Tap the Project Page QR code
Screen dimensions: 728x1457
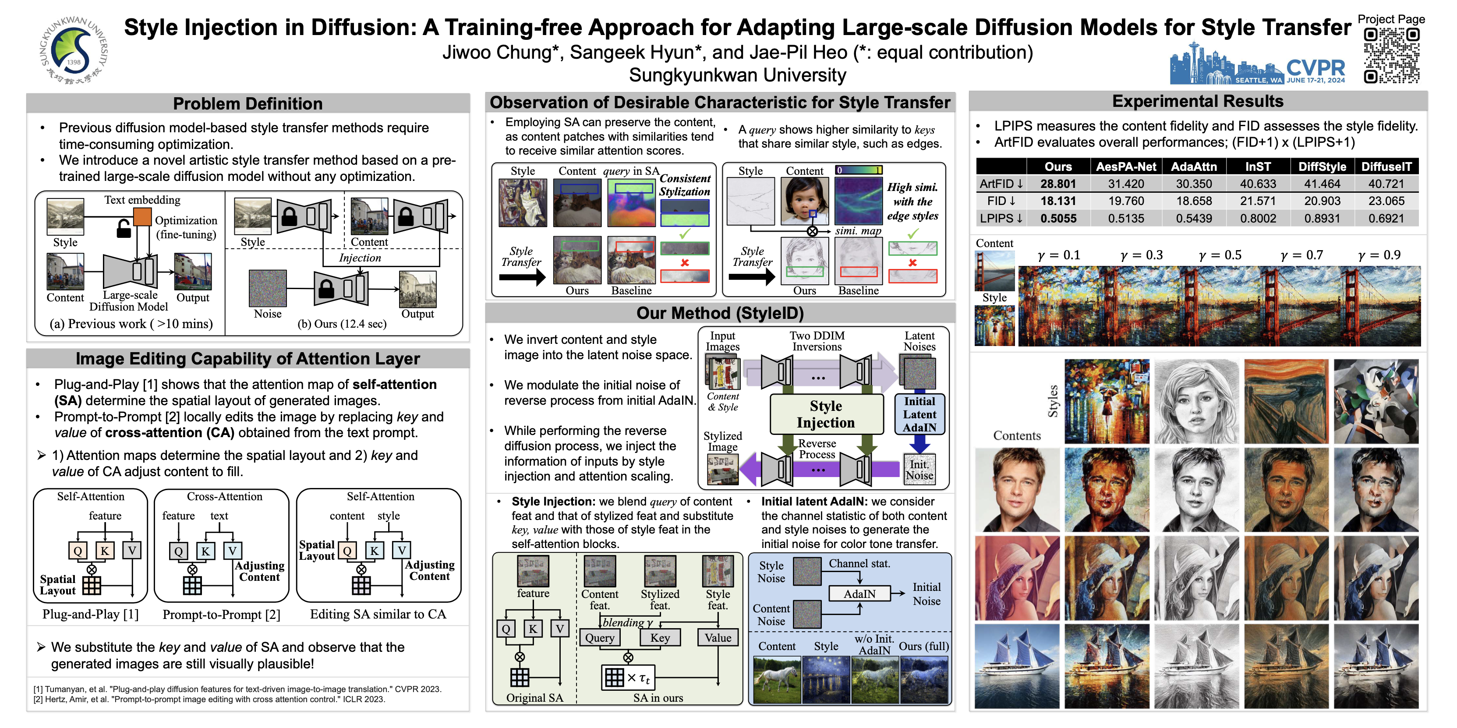[1391, 56]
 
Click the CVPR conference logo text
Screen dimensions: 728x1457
[1315, 68]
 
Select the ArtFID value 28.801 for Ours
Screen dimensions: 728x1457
[1057, 184]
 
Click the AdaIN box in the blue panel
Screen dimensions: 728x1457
[859, 594]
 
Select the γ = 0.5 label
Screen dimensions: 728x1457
[1220, 255]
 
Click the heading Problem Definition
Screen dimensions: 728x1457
[248, 103]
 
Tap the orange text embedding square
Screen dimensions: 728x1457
[142, 216]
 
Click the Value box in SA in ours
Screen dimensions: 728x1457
[718, 637]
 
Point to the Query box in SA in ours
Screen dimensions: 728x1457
[600, 637]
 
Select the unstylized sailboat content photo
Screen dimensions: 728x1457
[1016, 666]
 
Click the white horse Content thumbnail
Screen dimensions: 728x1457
[777, 679]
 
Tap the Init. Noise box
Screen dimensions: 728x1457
[919, 470]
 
